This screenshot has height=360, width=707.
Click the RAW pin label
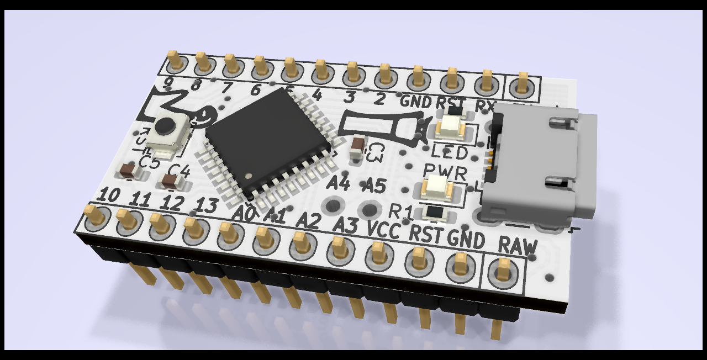[x=517, y=245]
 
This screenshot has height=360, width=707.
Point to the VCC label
[x=383, y=230]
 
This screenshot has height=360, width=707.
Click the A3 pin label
[x=346, y=225]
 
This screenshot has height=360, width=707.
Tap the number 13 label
[x=207, y=206]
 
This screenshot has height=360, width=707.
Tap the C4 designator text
[x=179, y=171]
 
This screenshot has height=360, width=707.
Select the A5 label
[x=375, y=186]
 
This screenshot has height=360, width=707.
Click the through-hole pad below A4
[x=333, y=207]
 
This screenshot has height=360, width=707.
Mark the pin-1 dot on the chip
[x=249, y=176]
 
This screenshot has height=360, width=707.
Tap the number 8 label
[x=196, y=86]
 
